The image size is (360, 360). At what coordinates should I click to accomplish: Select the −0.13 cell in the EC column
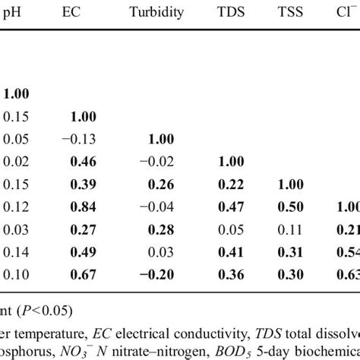[x=79, y=140]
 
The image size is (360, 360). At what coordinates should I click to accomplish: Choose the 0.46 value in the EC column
[x=81, y=163]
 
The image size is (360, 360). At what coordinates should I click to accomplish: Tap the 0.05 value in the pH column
[x=14, y=140]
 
